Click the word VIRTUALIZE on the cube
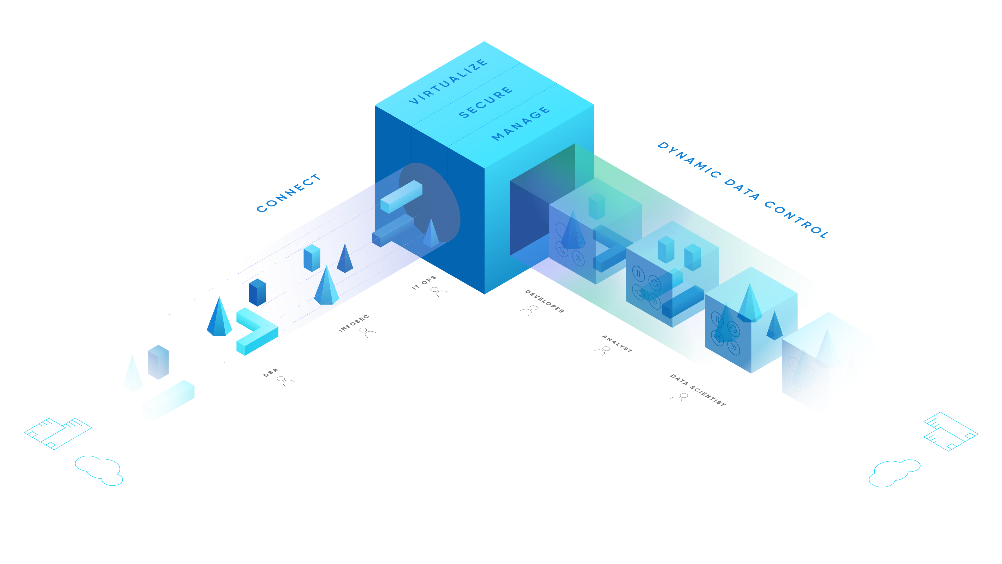[448, 82]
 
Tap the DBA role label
[270, 373]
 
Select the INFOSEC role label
[353, 324]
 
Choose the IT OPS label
[424, 283]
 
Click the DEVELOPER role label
[544, 301]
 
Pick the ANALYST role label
[617, 344]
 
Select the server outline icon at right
[950, 431]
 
